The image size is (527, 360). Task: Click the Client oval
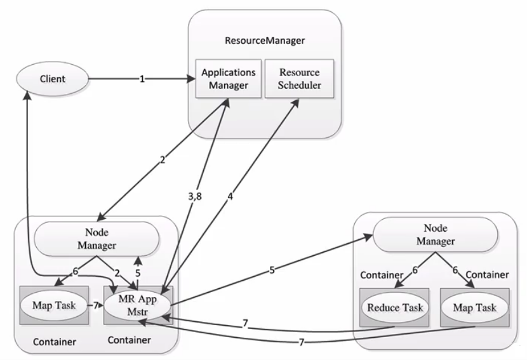pyautogui.click(x=53, y=79)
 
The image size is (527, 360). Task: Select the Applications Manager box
pyautogui.click(x=229, y=79)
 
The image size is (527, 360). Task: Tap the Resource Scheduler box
pyautogui.click(x=300, y=79)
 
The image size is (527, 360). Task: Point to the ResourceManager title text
pyautogui.click(x=265, y=41)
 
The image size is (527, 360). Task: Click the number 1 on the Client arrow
pyautogui.click(x=142, y=79)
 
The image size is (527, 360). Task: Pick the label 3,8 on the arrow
pyautogui.click(x=195, y=196)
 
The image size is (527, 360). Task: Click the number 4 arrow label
pyautogui.click(x=230, y=196)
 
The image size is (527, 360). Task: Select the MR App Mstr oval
pyautogui.click(x=138, y=305)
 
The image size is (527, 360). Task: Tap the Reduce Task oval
pyautogui.click(x=395, y=307)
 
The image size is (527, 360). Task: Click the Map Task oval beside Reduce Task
pyautogui.click(x=474, y=307)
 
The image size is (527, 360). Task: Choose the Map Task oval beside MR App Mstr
pyautogui.click(x=54, y=305)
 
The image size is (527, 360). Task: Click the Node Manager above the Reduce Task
pyautogui.click(x=436, y=235)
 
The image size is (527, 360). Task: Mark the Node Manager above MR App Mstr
pyautogui.click(x=97, y=239)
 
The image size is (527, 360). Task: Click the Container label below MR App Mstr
pyautogui.click(x=130, y=340)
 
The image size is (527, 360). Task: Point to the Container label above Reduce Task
pyautogui.click(x=382, y=275)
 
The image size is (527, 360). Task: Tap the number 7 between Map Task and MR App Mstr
pyautogui.click(x=95, y=305)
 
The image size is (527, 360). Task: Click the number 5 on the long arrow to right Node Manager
pyautogui.click(x=272, y=270)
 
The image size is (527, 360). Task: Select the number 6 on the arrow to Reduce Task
pyautogui.click(x=415, y=270)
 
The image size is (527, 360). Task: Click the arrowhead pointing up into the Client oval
pyautogui.click(x=27, y=95)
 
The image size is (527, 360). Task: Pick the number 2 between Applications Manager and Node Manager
pyautogui.click(x=163, y=160)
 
